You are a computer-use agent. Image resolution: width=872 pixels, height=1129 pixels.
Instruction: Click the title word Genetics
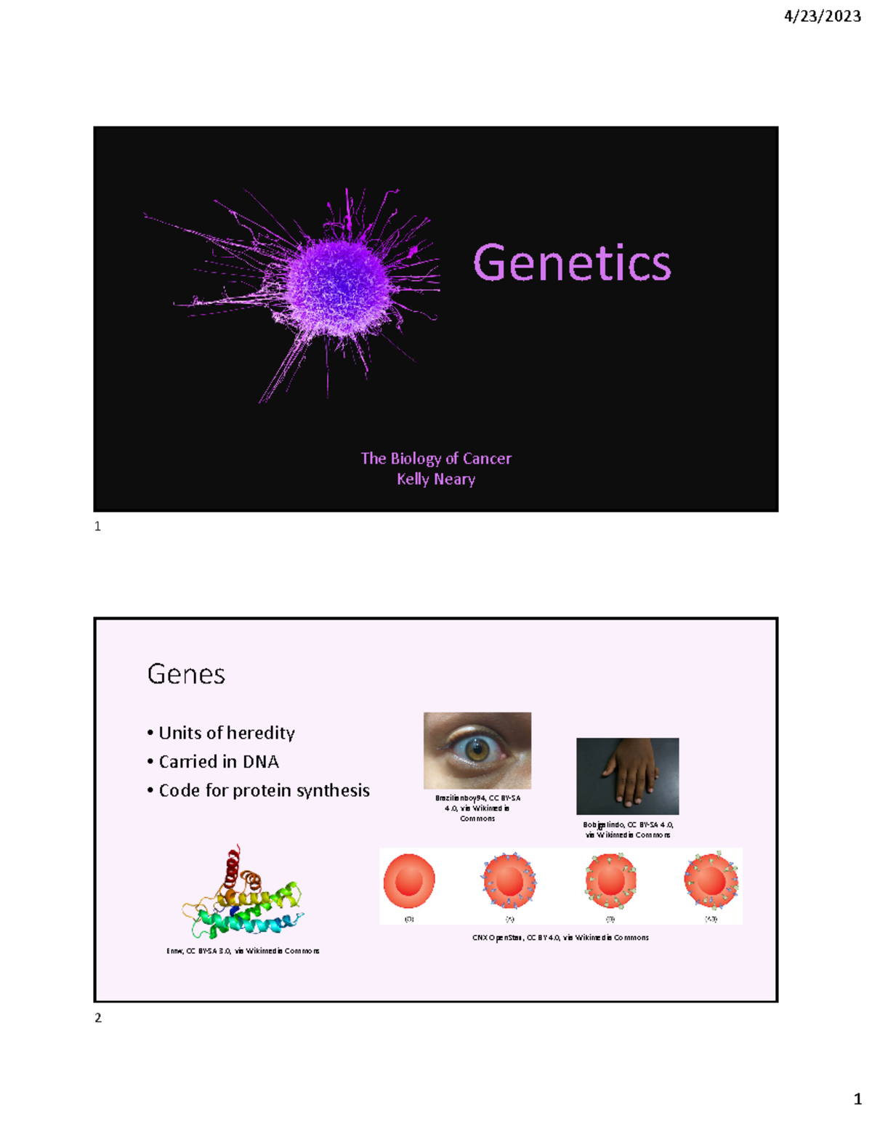click(x=572, y=262)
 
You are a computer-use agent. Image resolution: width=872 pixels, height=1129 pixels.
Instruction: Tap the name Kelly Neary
click(x=436, y=479)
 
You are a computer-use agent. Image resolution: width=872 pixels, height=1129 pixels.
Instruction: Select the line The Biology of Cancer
click(x=436, y=459)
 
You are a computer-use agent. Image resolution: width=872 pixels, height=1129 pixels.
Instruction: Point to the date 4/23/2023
click(x=823, y=16)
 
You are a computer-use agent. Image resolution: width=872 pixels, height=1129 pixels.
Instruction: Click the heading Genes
click(x=186, y=675)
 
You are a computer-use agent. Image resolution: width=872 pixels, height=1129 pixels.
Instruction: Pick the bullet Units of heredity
click(x=226, y=733)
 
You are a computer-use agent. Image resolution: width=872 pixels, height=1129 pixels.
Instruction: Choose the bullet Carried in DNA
click(x=218, y=762)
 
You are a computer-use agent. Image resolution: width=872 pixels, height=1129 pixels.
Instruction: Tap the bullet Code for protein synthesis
click(x=264, y=791)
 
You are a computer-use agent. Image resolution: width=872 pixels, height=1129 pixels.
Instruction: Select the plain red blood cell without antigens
click(x=409, y=881)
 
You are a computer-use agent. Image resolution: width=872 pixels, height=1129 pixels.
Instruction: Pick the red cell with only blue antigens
click(x=509, y=881)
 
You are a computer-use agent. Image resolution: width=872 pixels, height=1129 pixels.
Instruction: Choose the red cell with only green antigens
click(x=610, y=881)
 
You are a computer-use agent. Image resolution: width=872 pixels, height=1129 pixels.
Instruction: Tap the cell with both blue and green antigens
click(x=711, y=881)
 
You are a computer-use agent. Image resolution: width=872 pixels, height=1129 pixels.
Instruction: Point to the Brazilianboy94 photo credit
click(x=477, y=808)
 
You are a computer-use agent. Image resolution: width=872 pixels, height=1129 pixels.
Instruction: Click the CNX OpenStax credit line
click(x=560, y=938)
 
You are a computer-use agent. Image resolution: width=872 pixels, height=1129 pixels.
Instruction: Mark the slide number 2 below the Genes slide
click(x=98, y=1018)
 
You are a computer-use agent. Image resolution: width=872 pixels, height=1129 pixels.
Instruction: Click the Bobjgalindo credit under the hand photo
click(x=628, y=829)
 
